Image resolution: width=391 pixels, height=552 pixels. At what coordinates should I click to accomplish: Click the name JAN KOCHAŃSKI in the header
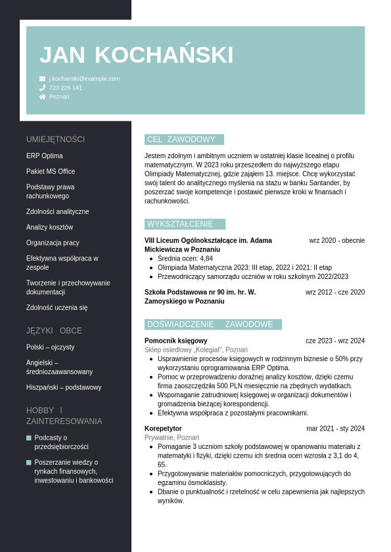(136, 55)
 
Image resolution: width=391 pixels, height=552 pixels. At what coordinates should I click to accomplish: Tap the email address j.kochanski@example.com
(84, 79)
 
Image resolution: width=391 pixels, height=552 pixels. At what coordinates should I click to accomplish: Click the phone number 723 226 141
(66, 88)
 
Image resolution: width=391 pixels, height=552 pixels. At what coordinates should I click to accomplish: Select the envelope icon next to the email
(42, 79)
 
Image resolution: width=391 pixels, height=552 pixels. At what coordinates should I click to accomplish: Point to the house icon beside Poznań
(42, 96)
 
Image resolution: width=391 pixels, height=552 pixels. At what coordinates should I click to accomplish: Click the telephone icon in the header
(42, 88)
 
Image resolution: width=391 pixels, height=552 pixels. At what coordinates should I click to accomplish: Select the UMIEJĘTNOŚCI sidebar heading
(55, 139)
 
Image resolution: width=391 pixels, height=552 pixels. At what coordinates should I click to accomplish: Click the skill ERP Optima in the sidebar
(45, 156)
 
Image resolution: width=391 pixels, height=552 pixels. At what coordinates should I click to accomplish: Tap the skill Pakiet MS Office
(51, 171)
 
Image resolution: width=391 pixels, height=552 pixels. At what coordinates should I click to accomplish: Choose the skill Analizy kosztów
(49, 227)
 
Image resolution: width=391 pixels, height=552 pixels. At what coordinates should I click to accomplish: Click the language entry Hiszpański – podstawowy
(64, 387)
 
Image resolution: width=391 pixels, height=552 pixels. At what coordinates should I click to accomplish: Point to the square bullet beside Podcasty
(29, 438)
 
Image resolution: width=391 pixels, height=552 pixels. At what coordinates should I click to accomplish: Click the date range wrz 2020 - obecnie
(336, 240)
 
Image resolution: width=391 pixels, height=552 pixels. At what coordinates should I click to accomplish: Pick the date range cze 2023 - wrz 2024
(334, 341)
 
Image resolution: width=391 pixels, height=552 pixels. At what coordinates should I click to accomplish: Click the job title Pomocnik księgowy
(175, 341)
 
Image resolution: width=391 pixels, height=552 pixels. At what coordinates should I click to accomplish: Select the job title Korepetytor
(163, 429)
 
